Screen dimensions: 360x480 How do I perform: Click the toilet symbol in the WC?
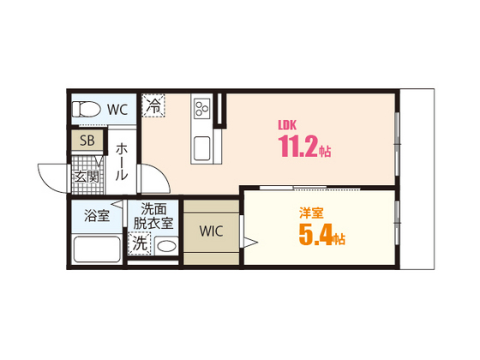pyautogui.click(x=87, y=109)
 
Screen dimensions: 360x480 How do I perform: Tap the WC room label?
pyautogui.click(x=118, y=109)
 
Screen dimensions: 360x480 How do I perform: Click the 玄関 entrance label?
pyautogui.click(x=86, y=177)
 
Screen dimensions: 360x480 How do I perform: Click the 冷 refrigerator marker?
pyautogui.click(x=153, y=107)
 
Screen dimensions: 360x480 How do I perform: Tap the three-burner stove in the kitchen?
pyautogui.click(x=203, y=110)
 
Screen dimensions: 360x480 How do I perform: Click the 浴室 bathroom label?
pyautogui.click(x=96, y=215)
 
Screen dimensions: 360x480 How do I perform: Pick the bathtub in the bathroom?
pyautogui.click(x=96, y=249)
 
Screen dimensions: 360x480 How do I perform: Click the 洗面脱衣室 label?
pyautogui.click(x=153, y=215)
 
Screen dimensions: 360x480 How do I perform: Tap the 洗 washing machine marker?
pyautogui.click(x=140, y=243)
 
